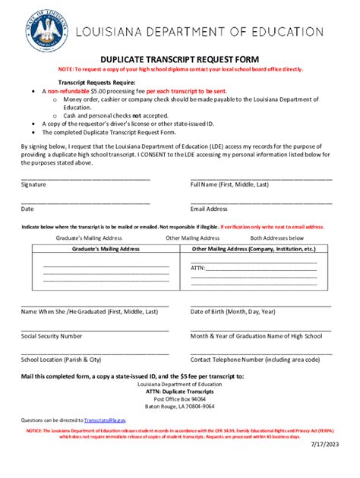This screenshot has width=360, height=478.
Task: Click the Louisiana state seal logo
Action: coord(46,29)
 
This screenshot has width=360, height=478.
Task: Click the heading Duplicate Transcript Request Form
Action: coord(179,59)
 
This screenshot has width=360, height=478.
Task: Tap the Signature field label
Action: coord(33,184)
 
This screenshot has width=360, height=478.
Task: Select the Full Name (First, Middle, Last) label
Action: coord(229,184)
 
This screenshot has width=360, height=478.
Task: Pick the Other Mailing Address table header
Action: coord(253,249)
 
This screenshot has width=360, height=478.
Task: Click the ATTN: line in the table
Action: coord(197,268)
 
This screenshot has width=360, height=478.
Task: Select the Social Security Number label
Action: coord(52,335)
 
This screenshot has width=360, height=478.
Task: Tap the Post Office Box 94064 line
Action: coord(179,398)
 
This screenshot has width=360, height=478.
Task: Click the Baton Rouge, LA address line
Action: coord(179,406)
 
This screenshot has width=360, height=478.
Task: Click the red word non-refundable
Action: coord(72,90)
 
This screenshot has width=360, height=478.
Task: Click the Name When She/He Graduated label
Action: coord(90,311)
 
